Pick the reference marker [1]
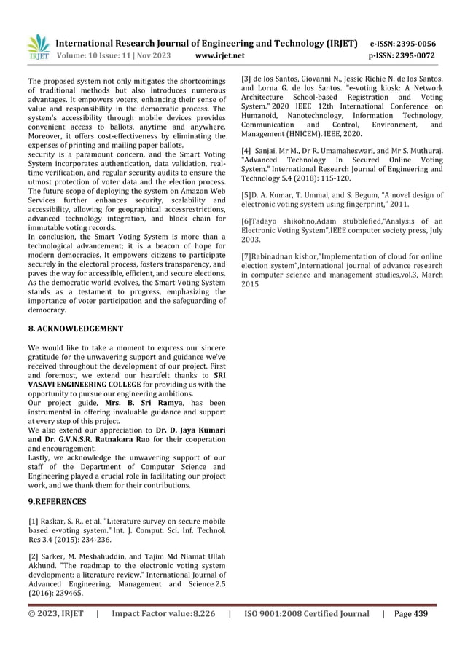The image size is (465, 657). pos(33,522)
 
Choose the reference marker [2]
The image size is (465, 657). pos(33,556)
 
